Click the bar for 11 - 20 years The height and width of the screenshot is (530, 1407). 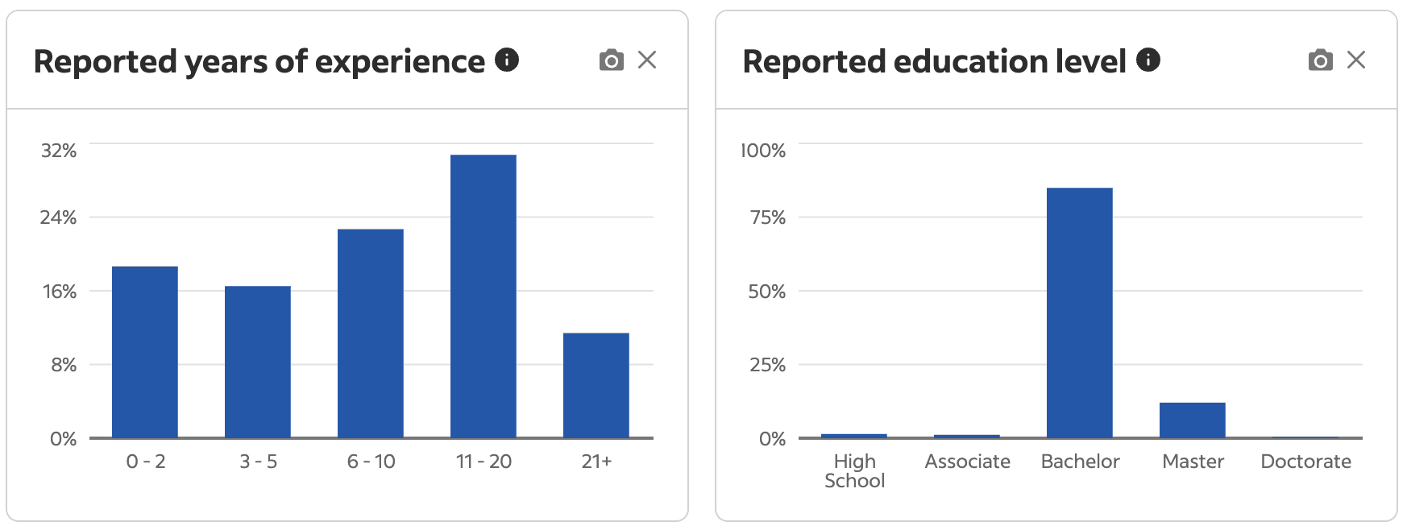(483, 296)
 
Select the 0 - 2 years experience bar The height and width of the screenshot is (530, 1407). (145, 352)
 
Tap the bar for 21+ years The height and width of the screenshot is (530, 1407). (596, 385)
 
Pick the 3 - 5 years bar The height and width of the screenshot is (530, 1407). (258, 362)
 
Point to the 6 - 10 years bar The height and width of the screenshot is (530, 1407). (370, 333)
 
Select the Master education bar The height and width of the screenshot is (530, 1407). (1192, 420)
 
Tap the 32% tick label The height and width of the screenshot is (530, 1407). (59, 151)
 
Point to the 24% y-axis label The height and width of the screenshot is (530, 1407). (59, 217)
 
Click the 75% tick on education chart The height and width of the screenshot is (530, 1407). (767, 217)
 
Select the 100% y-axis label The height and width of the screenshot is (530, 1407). (763, 151)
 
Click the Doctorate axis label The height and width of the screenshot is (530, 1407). (1305, 462)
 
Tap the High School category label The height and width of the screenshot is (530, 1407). (854, 471)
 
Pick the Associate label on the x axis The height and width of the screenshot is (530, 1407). (967, 462)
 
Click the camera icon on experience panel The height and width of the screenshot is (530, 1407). (612, 60)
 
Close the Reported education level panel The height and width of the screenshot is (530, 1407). (1356, 60)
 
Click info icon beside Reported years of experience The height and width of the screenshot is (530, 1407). (507, 60)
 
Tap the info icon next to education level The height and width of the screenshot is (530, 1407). (1148, 60)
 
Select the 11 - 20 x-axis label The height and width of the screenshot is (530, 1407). (484, 462)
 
